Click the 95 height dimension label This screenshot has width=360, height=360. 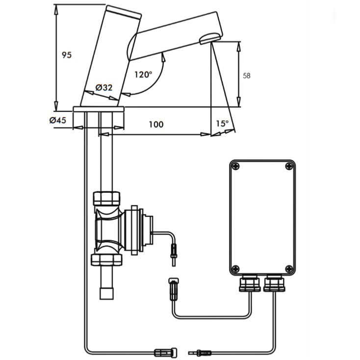click(67, 55)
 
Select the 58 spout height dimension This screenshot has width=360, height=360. click(247, 76)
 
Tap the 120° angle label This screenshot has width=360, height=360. click(143, 75)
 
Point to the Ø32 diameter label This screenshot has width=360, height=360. click(104, 88)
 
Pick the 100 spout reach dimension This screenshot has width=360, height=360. click(156, 125)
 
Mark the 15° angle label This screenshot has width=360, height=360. click(222, 124)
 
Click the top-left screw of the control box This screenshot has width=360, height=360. click(236, 166)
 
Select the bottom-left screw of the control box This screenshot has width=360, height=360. click(236, 268)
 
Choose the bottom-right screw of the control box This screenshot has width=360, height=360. click(289, 268)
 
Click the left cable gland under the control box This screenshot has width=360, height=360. click(250, 284)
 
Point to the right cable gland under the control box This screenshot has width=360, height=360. click(274, 284)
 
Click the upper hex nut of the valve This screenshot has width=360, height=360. click(107, 198)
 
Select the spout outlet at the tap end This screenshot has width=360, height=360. click(211, 38)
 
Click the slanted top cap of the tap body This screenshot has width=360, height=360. click(123, 13)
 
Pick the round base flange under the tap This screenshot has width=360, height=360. click(98, 109)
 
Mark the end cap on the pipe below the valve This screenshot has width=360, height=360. click(107, 294)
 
